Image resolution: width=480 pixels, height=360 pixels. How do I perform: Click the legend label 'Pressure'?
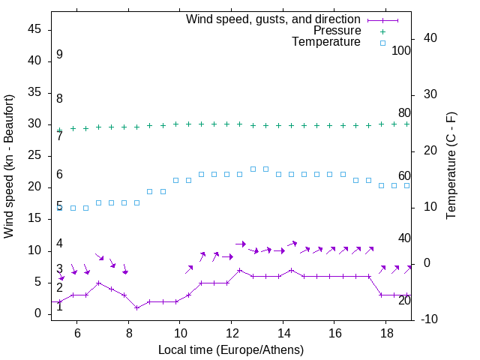(x=337, y=31)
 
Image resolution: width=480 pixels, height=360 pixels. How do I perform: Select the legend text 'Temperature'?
(x=326, y=42)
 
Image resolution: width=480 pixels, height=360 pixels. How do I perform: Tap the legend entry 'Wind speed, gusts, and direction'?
(x=274, y=19)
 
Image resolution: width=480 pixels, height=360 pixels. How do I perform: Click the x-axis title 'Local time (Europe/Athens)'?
(x=231, y=350)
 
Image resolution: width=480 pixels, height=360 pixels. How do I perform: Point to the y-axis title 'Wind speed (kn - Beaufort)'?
(x=9, y=166)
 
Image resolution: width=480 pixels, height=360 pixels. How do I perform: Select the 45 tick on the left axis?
(x=34, y=29)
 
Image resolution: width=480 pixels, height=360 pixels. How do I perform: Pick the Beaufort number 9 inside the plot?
(x=59, y=55)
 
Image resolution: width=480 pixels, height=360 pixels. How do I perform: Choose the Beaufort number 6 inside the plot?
(x=59, y=175)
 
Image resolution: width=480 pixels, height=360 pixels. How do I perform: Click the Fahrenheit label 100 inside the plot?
(x=401, y=51)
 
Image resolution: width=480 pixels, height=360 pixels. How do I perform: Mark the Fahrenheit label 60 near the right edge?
(x=404, y=176)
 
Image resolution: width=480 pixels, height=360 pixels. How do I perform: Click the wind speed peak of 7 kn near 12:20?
(x=239, y=270)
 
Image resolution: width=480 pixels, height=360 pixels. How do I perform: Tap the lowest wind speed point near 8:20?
(x=136, y=307)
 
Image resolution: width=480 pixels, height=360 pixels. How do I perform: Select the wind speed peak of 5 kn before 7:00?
(x=98, y=283)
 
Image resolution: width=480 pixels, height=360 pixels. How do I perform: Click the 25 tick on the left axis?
(x=34, y=155)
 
